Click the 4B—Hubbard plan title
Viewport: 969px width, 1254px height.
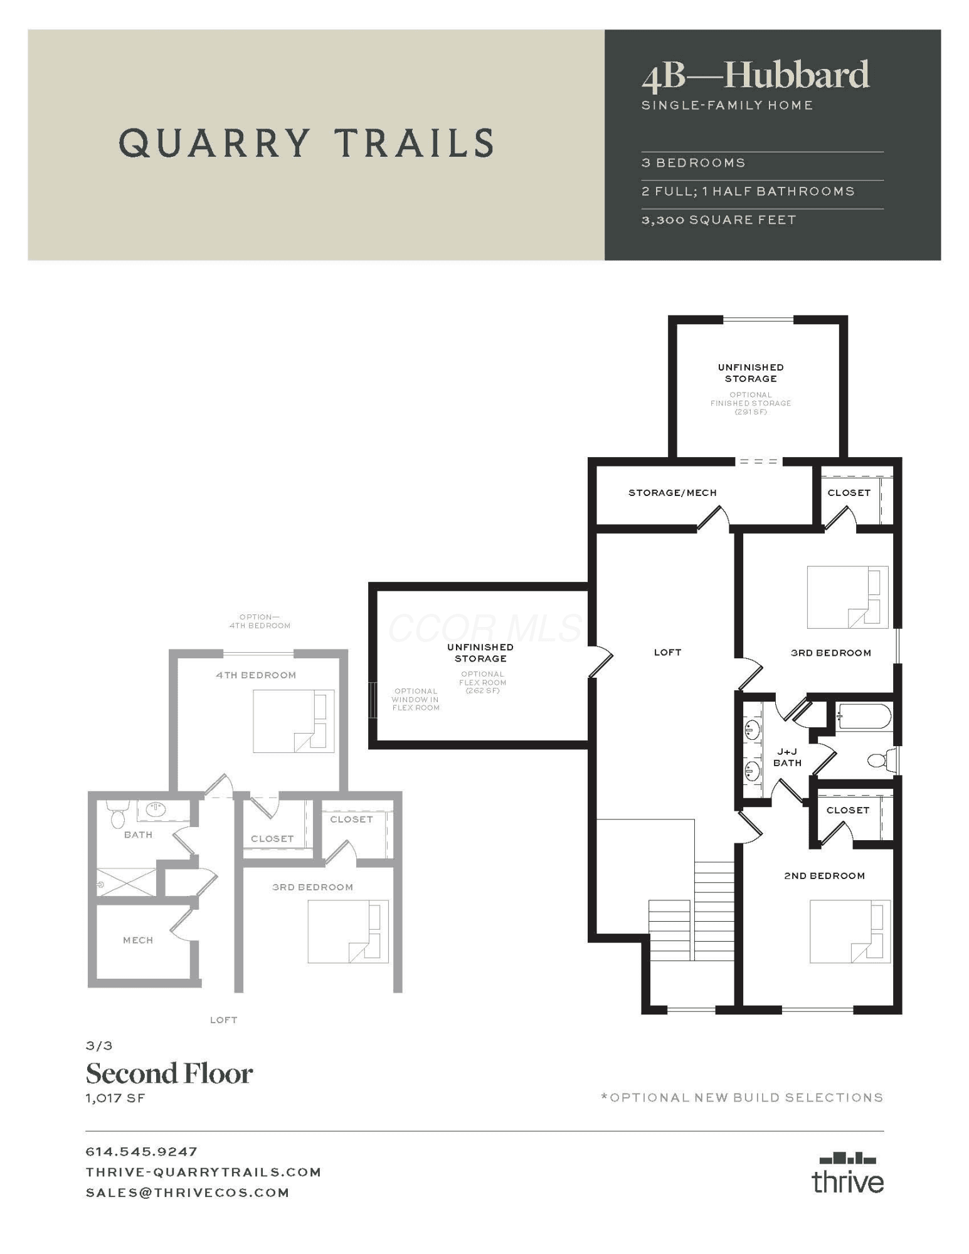tap(755, 76)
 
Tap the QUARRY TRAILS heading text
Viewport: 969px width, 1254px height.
tap(307, 142)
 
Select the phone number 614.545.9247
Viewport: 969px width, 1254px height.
tap(142, 1152)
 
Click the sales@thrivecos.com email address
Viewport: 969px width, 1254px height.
tap(188, 1193)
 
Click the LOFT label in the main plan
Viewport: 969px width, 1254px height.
tap(667, 652)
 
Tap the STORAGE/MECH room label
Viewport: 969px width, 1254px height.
tap(672, 493)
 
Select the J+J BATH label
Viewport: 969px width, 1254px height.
tap(787, 757)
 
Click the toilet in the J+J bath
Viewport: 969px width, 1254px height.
tap(881, 761)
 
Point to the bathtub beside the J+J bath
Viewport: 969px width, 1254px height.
tap(864, 717)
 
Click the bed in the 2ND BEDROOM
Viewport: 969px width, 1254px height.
tap(850, 932)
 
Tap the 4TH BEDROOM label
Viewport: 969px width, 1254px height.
tap(256, 675)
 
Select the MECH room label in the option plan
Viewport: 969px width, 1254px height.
tap(138, 940)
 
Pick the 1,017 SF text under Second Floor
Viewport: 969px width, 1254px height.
tap(115, 1098)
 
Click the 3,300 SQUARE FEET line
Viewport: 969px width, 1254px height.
tap(719, 220)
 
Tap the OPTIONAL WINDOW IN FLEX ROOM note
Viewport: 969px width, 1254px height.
tap(416, 699)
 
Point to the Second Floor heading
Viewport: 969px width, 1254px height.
tap(169, 1073)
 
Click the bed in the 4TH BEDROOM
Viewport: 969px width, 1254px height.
tap(294, 721)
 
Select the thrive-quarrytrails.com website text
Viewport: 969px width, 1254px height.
tap(204, 1172)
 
